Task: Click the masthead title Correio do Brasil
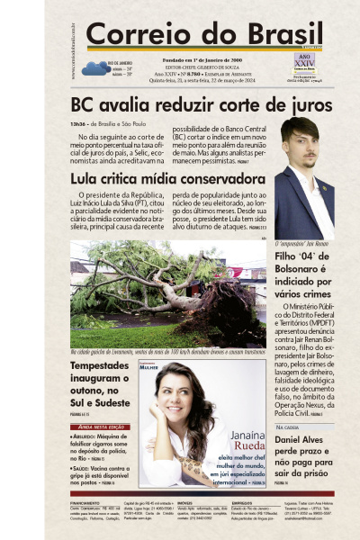pos(191,35)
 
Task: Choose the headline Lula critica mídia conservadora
pos(167,178)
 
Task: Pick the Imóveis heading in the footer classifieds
pos(185,502)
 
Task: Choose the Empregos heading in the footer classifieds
pos(242,502)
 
